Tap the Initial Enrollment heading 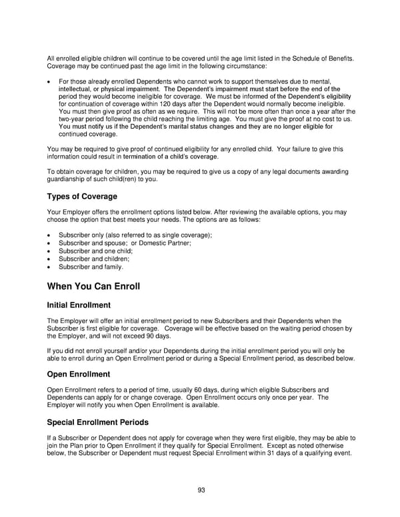79,305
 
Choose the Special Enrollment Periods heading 98,422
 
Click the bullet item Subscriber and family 91,267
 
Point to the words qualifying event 327,453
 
